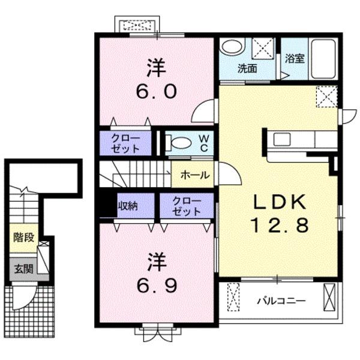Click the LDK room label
[x=280, y=202]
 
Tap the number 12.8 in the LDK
[x=280, y=225]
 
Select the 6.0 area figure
[x=156, y=91]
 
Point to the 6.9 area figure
[x=157, y=286]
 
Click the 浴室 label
[x=295, y=59]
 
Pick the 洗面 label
[x=247, y=68]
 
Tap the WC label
[x=204, y=143]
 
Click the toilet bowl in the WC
[x=179, y=143]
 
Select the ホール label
[x=195, y=175]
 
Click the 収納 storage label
[x=128, y=206]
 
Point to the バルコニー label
[x=281, y=301]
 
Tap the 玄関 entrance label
[x=24, y=269]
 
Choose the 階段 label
[x=24, y=238]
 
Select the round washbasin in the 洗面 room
[x=232, y=47]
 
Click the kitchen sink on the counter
[x=282, y=139]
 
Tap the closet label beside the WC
[x=125, y=143]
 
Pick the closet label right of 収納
[x=187, y=206]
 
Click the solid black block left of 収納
[x=108, y=205]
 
